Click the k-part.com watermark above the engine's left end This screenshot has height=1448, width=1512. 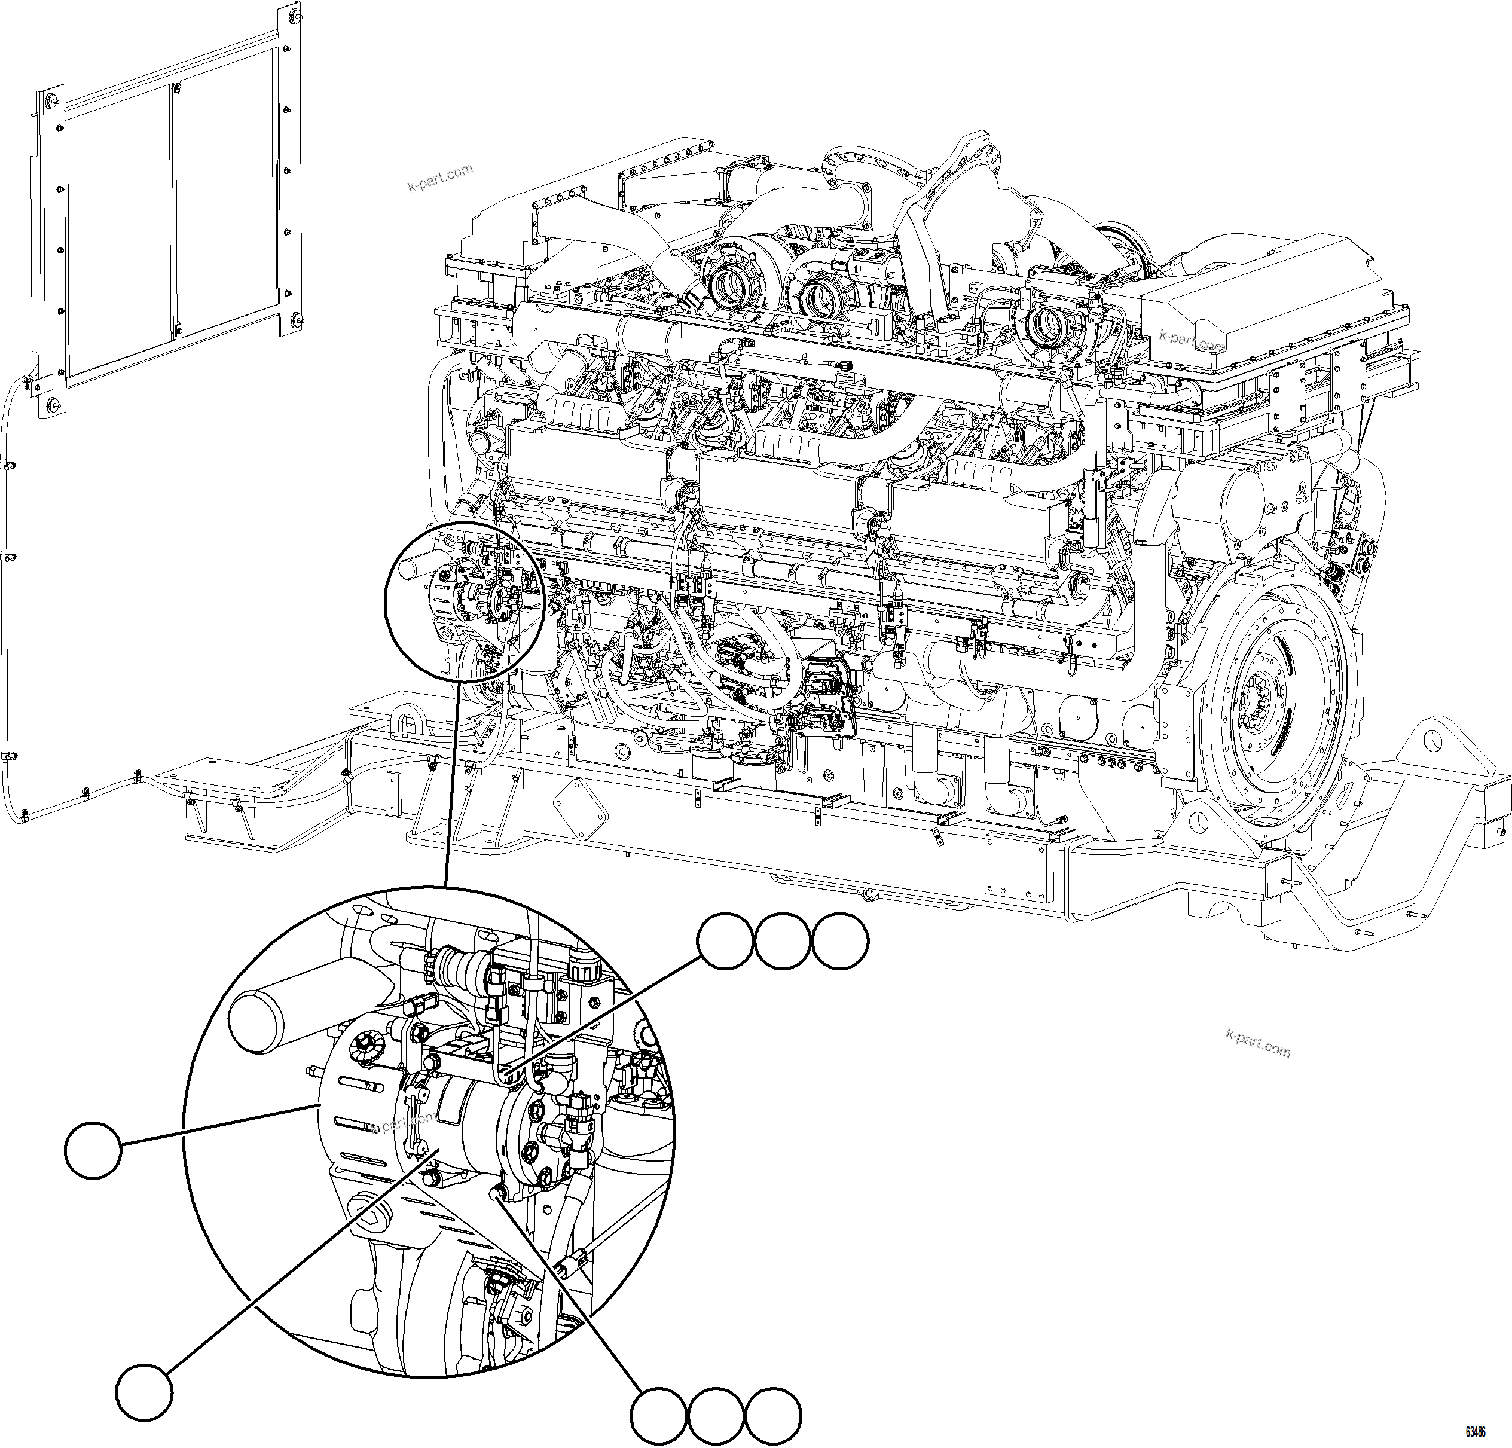pos(439,179)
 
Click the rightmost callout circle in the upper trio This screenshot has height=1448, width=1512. pos(840,940)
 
